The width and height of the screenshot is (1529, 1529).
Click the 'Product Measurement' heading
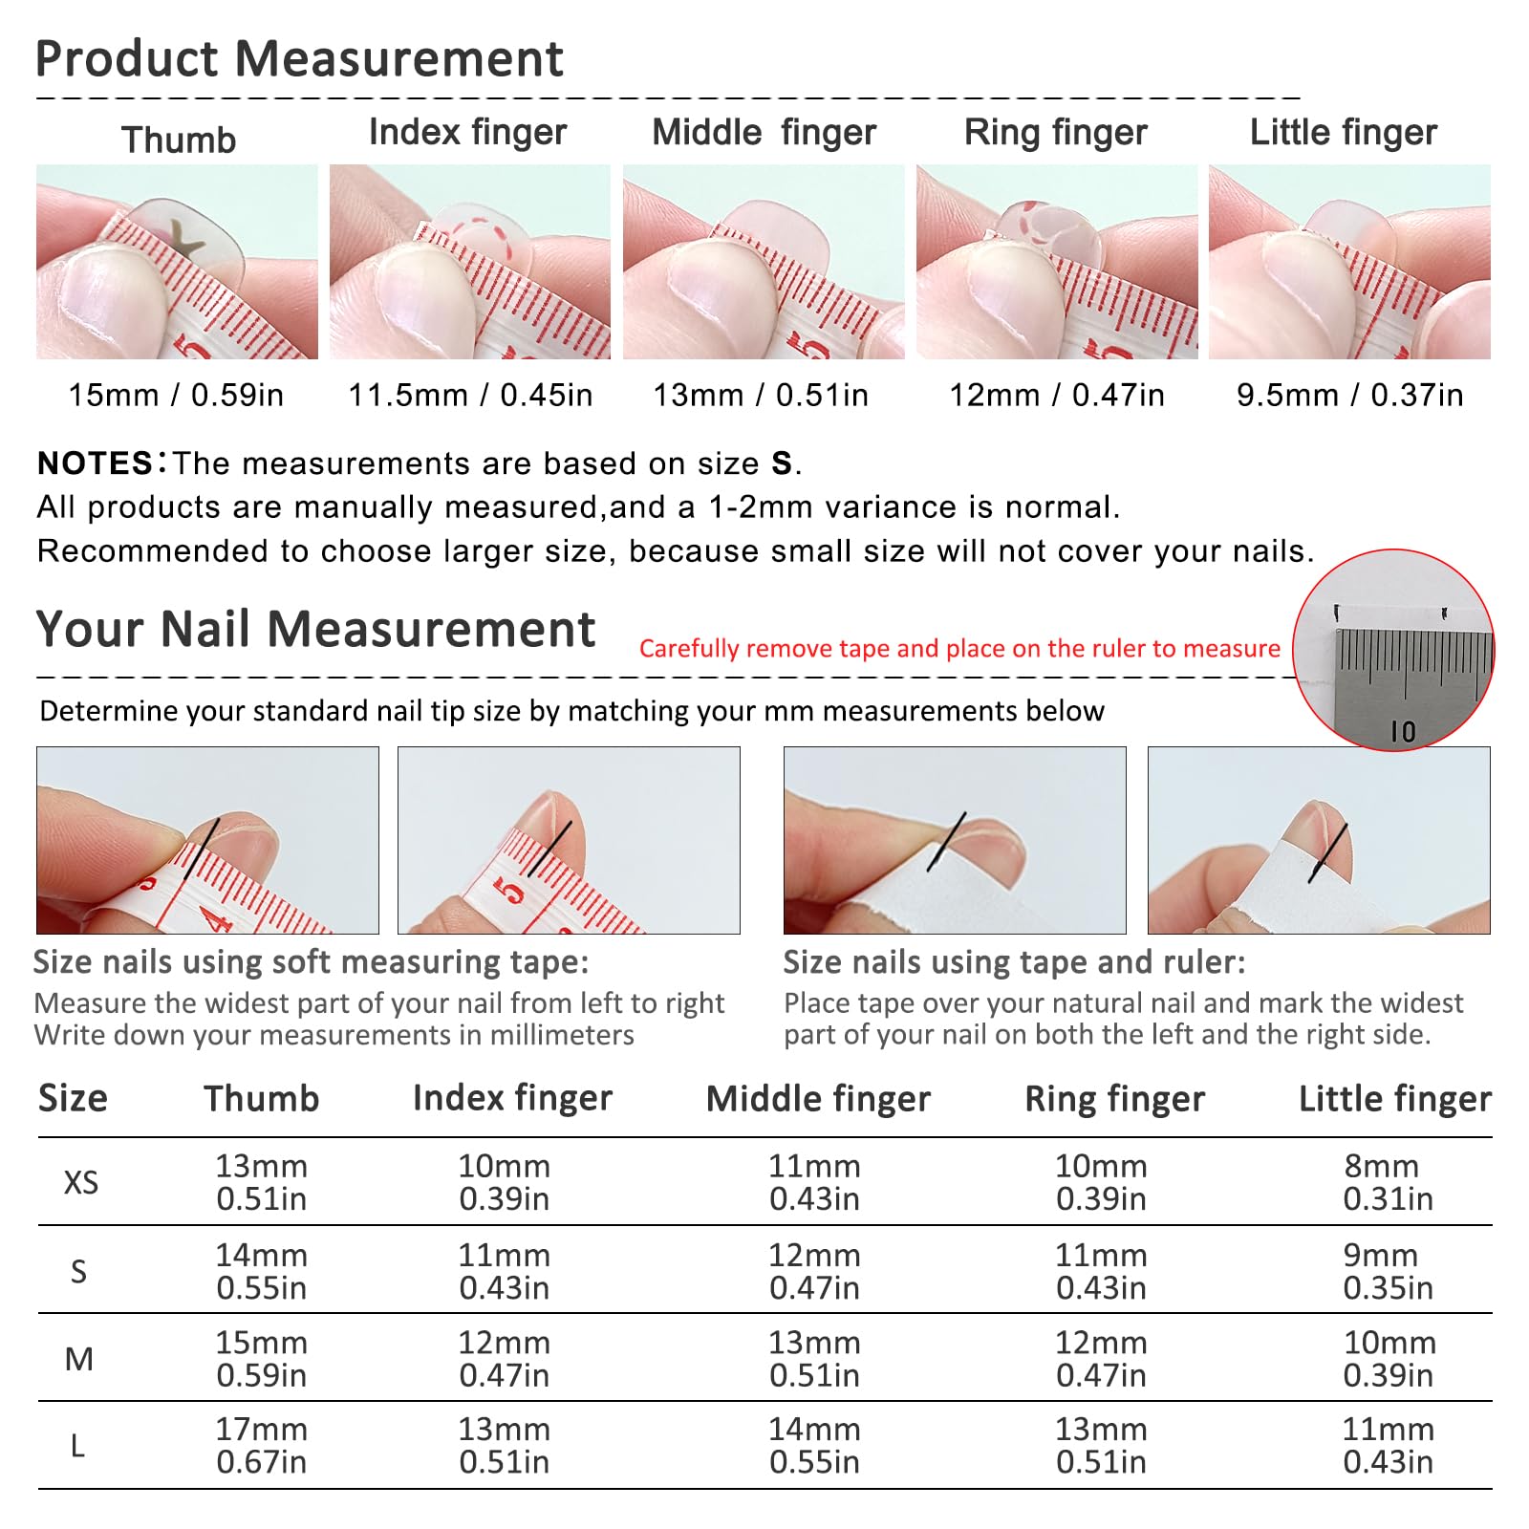299,59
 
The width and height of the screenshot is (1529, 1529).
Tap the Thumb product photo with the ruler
177,262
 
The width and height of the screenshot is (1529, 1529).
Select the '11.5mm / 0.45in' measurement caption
470,395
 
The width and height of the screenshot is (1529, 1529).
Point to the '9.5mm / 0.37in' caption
1349,395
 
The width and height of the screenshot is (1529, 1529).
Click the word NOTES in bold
95,463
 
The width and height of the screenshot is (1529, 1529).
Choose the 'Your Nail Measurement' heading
315,630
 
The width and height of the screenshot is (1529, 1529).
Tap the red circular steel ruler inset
1393,650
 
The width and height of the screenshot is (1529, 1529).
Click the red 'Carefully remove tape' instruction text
959,649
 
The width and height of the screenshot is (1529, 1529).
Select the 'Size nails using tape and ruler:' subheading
1015,962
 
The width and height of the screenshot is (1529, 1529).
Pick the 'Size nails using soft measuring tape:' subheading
312,962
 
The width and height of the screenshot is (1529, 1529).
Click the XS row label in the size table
81,1183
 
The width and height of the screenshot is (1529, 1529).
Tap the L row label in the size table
78,1446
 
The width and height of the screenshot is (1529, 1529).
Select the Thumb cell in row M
262,1359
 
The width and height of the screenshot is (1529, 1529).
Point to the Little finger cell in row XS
1388,1182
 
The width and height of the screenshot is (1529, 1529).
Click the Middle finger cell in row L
815,1446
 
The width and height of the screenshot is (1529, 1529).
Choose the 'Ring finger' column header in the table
1115,1100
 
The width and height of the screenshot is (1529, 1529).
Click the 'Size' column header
73,1099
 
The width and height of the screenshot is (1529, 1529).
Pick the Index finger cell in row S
505,1271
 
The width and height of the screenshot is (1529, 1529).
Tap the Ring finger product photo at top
1057,262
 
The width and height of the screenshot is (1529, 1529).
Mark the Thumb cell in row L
262,1446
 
